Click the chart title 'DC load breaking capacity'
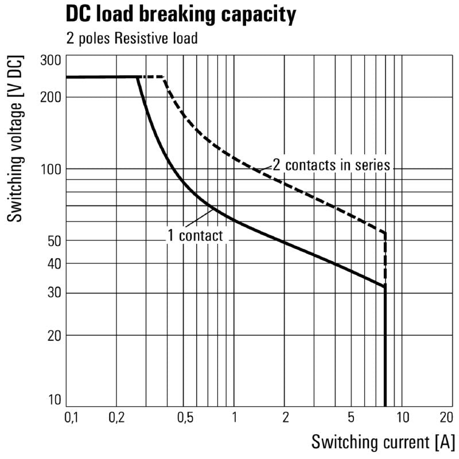coord(181,15)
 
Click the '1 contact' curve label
coord(195,235)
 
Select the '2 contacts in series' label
coord(331,165)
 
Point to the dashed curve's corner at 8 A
coord(385,233)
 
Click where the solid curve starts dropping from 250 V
coord(138,77)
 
